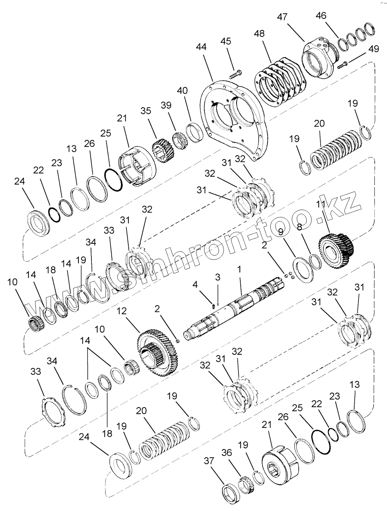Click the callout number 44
(201, 47)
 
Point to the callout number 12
(121, 311)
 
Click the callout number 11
(321, 204)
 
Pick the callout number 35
(146, 111)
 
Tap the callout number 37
(209, 460)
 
